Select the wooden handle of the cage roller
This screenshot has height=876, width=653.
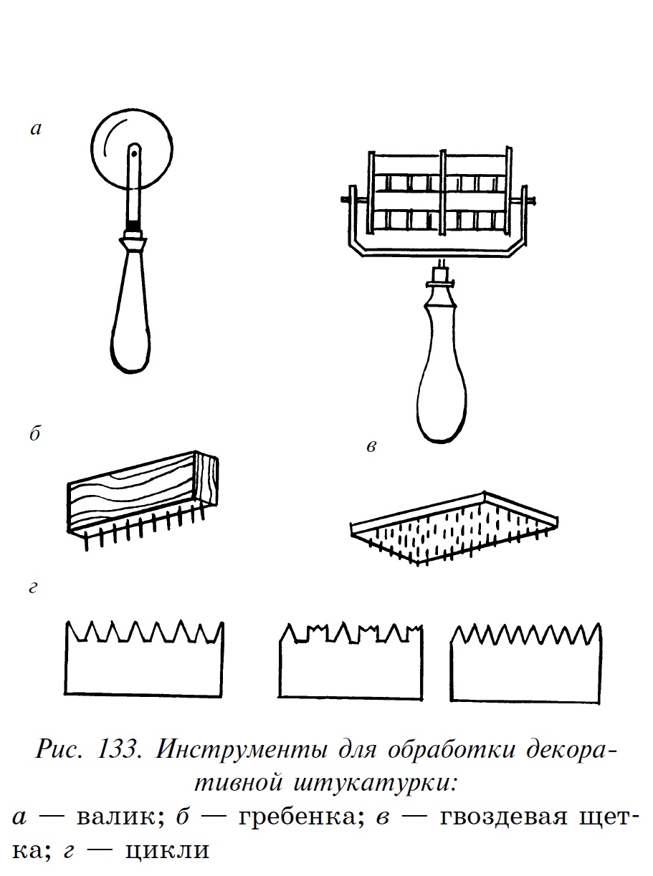[439, 372]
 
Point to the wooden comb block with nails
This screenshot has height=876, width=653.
[140, 494]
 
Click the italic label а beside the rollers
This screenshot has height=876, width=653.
[37, 130]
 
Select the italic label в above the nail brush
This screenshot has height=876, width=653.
[371, 448]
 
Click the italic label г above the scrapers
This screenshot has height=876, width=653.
[34, 589]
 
